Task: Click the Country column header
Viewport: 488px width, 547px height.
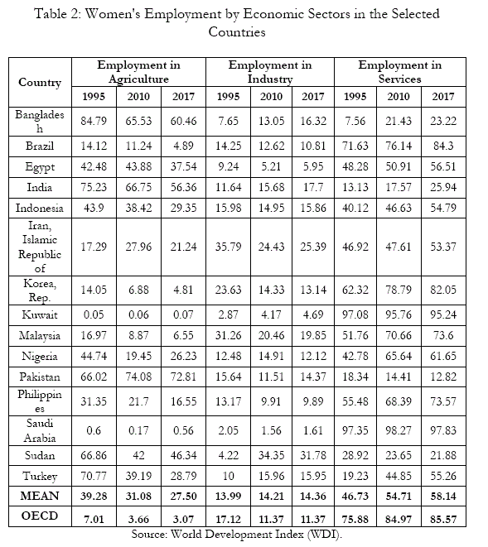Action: [x=40, y=83]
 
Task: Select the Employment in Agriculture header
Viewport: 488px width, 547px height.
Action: [x=138, y=72]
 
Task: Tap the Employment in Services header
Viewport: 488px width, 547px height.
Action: [x=400, y=72]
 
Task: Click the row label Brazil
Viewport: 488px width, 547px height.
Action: [x=40, y=146]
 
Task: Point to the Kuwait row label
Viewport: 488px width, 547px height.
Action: [x=40, y=314]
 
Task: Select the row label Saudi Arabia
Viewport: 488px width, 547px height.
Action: [x=40, y=430]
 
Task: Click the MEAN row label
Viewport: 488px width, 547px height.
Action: [x=40, y=496]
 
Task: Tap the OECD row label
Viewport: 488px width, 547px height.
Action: [x=40, y=516]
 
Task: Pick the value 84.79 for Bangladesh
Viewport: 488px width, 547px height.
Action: [x=94, y=121]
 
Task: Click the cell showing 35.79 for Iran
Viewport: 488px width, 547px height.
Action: [x=228, y=247]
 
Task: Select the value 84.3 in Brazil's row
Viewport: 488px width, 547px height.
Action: [x=443, y=146]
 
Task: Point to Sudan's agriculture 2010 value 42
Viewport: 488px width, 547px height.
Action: [x=138, y=455]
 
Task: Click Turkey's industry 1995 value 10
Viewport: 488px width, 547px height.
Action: [x=228, y=476]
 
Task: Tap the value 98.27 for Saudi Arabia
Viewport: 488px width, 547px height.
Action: [x=399, y=430]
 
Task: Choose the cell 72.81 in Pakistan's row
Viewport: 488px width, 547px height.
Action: [x=183, y=377]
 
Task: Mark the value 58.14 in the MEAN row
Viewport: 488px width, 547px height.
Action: [x=443, y=496]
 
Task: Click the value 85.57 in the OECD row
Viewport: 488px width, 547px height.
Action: [x=443, y=519]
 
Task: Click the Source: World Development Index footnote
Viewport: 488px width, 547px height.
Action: [x=237, y=535]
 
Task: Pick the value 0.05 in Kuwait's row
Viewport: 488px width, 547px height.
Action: [x=94, y=314]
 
